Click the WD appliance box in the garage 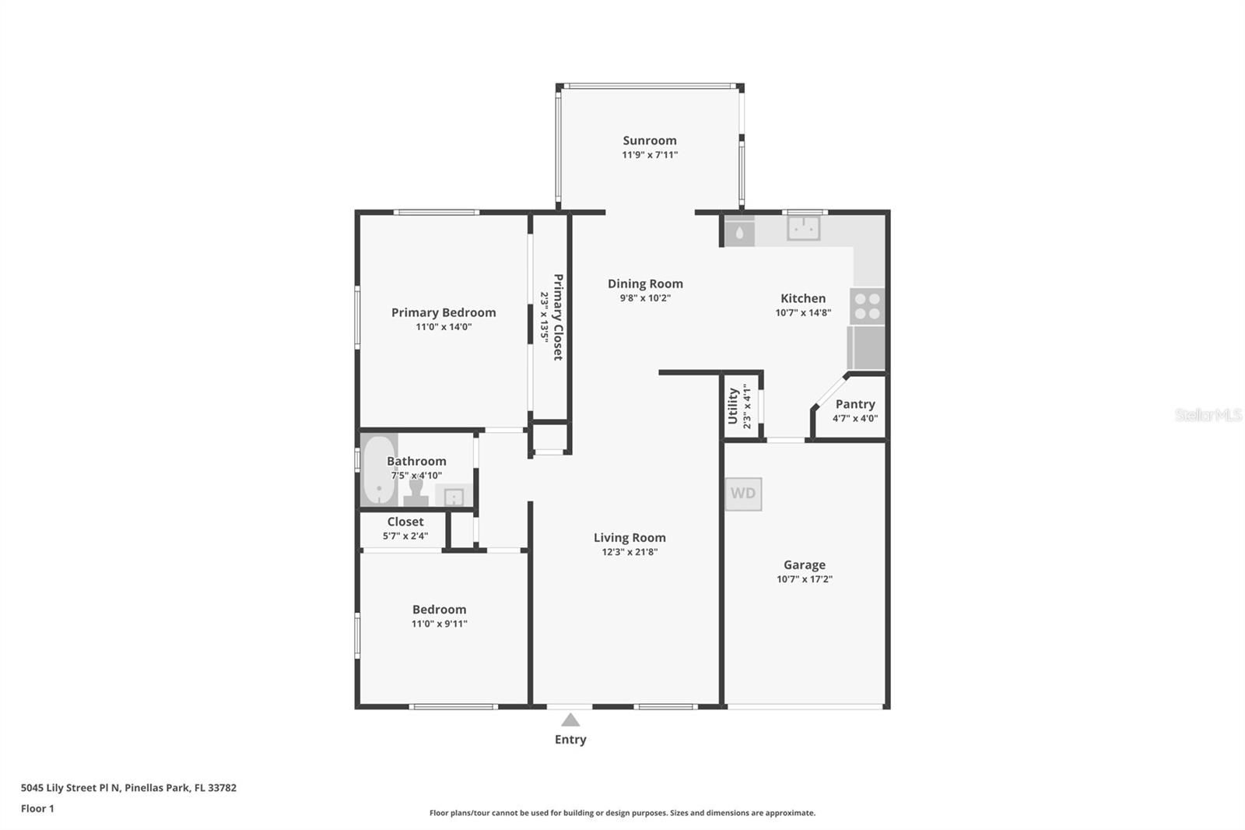tap(743, 494)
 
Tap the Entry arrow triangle tap(570, 720)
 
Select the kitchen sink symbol tap(804, 228)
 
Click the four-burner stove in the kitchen tap(867, 306)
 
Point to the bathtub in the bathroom tap(379, 470)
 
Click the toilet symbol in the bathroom tap(416, 493)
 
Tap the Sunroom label tap(650, 141)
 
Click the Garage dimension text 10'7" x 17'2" tap(805, 579)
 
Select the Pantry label tap(855, 404)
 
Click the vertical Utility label tap(732, 406)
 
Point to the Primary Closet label tap(558, 317)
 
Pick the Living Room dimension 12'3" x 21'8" tap(630, 552)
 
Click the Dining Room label tap(645, 283)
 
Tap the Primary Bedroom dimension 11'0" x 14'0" tap(444, 326)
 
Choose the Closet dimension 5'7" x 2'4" tap(405, 536)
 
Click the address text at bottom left tap(129, 788)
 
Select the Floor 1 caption tap(37, 808)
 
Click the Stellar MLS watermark tap(1208, 414)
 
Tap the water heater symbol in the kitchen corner tap(739, 231)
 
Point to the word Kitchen tap(803, 298)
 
